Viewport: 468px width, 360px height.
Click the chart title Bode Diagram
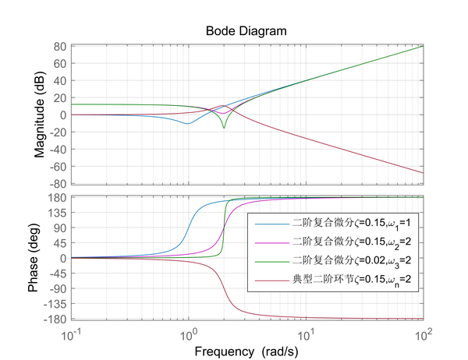246,31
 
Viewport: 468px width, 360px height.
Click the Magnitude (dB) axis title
40,115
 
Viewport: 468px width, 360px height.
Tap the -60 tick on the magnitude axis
55,167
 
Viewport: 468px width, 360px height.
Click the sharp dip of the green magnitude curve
224,128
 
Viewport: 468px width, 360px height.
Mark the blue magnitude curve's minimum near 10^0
187,123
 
